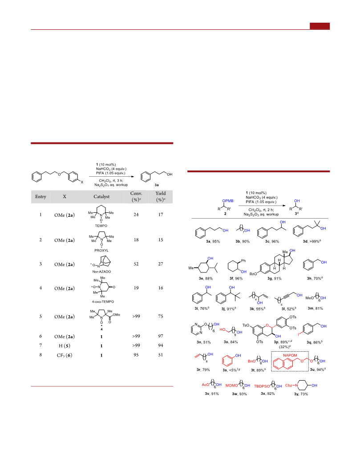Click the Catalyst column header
click(101, 197)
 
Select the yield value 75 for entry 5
click(161, 316)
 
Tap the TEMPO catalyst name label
click(101, 226)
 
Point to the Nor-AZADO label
click(101, 272)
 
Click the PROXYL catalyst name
click(101, 251)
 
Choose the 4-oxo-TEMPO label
click(103, 302)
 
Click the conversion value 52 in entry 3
click(136, 264)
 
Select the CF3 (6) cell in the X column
click(65, 355)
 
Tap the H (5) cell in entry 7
click(65, 345)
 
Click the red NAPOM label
click(290, 355)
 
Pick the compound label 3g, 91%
click(274, 278)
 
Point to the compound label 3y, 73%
click(301, 394)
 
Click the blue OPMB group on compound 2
click(228, 201)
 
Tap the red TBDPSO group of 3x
click(262, 386)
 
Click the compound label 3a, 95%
click(213, 241)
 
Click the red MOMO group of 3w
click(232, 386)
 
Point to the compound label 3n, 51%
click(203, 342)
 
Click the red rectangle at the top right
click(320, 26)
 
